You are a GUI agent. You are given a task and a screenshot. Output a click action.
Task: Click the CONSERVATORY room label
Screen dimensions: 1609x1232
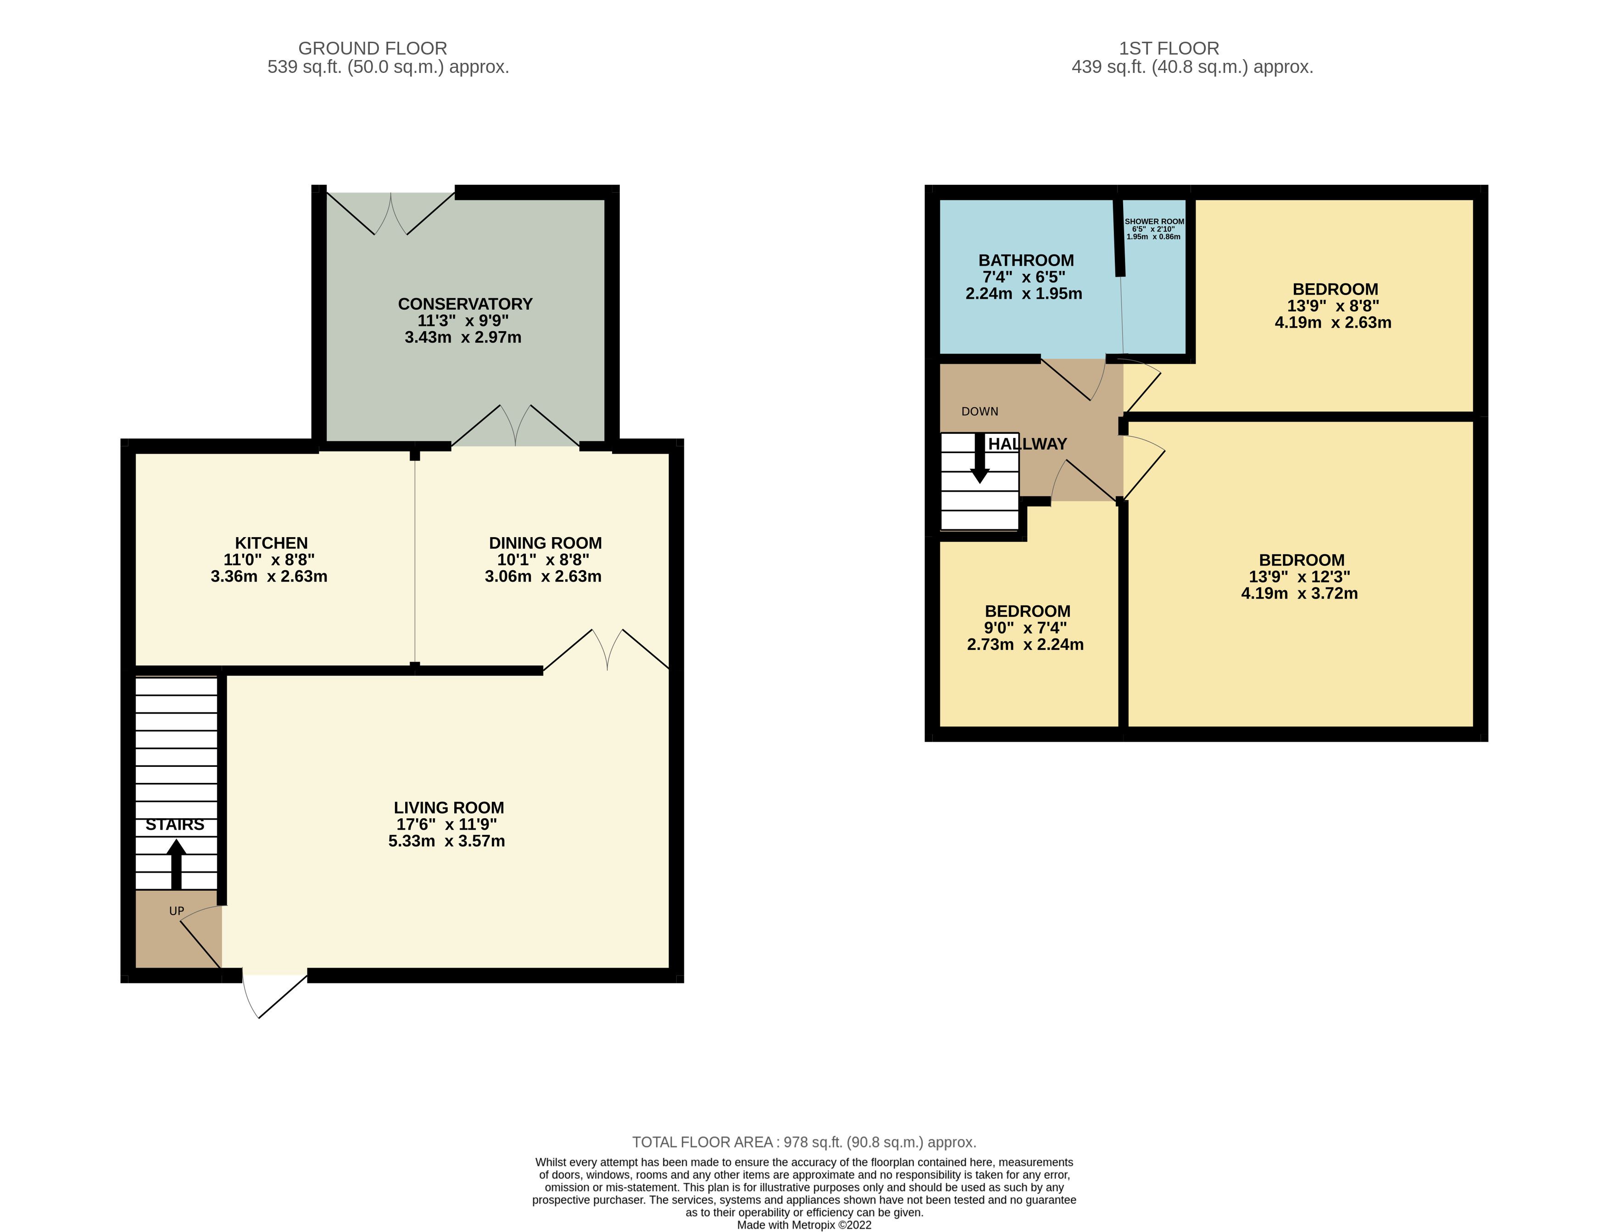(x=465, y=304)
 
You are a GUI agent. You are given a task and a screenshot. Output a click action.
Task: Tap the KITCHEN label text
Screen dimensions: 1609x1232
(x=271, y=543)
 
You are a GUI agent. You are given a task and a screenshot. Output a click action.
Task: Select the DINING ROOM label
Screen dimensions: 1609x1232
(x=545, y=543)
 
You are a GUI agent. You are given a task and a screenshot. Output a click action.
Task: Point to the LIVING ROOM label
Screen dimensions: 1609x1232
(x=449, y=807)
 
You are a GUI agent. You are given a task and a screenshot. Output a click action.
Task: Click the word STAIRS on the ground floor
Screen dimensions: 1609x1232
(x=174, y=824)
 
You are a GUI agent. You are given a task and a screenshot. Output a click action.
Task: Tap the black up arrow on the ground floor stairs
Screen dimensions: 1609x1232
(x=176, y=864)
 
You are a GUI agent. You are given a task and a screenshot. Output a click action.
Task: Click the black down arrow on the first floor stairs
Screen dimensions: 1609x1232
(x=980, y=458)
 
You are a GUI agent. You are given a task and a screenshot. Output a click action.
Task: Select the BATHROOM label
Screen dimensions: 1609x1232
(x=1026, y=261)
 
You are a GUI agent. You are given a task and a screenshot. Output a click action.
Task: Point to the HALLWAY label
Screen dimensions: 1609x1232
(x=1027, y=444)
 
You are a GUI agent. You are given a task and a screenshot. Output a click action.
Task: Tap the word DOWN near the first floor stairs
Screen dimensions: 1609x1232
(x=980, y=411)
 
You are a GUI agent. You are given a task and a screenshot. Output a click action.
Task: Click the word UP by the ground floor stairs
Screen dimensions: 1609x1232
(x=177, y=911)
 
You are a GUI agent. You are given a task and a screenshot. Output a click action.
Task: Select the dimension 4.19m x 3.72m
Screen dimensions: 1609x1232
(x=1299, y=593)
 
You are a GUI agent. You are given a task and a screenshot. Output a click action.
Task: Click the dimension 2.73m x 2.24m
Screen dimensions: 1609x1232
(x=1025, y=644)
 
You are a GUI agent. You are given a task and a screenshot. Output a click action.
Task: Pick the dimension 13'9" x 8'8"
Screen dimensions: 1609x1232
(x=1333, y=306)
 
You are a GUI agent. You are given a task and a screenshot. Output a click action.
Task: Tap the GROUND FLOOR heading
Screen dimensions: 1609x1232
(x=373, y=49)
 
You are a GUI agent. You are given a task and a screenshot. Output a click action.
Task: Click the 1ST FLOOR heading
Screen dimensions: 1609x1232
(x=1169, y=49)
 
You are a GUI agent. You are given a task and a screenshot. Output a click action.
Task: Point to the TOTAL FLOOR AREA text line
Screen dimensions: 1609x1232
(x=804, y=1142)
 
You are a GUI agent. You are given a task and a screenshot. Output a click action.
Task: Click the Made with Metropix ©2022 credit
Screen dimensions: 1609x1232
(x=804, y=1225)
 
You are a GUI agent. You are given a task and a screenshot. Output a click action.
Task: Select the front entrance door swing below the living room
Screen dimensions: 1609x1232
(x=274, y=996)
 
